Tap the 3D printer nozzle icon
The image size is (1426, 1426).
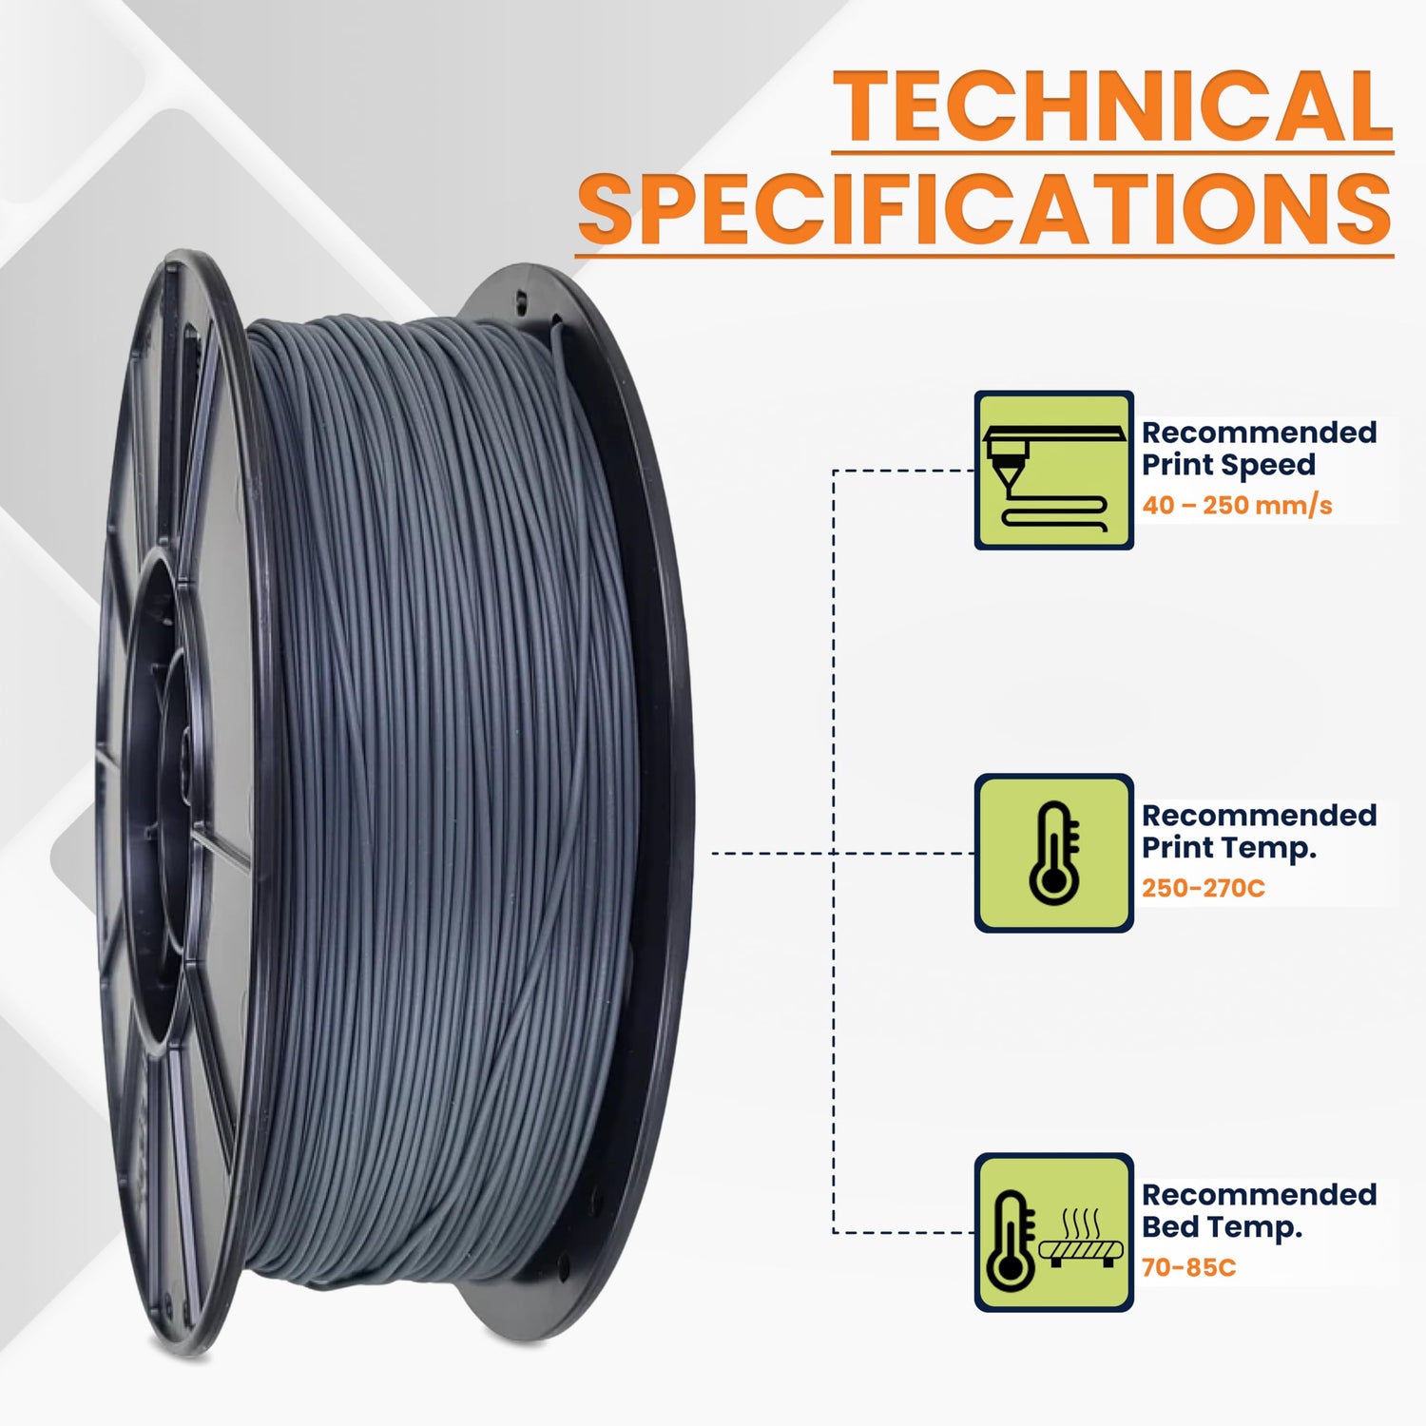coord(1053,470)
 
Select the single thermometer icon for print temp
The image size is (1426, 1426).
coord(1053,853)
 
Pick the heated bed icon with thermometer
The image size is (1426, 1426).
coord(1053,1233)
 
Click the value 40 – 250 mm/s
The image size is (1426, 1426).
coord(1236,505)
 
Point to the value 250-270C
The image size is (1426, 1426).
coord(1203,888)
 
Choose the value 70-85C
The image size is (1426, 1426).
coord(1188,1267)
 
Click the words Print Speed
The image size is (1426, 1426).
coord(1227,465)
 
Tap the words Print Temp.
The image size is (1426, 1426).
coord(1228,847)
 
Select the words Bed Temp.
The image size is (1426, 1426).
coord(1221,1226)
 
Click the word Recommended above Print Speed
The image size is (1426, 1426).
coord(1258,433)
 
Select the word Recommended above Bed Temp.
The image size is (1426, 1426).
coord(1258,1195)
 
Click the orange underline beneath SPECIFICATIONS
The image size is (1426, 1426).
coord(985,254)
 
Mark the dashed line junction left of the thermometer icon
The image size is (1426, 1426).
coord(834,853)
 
